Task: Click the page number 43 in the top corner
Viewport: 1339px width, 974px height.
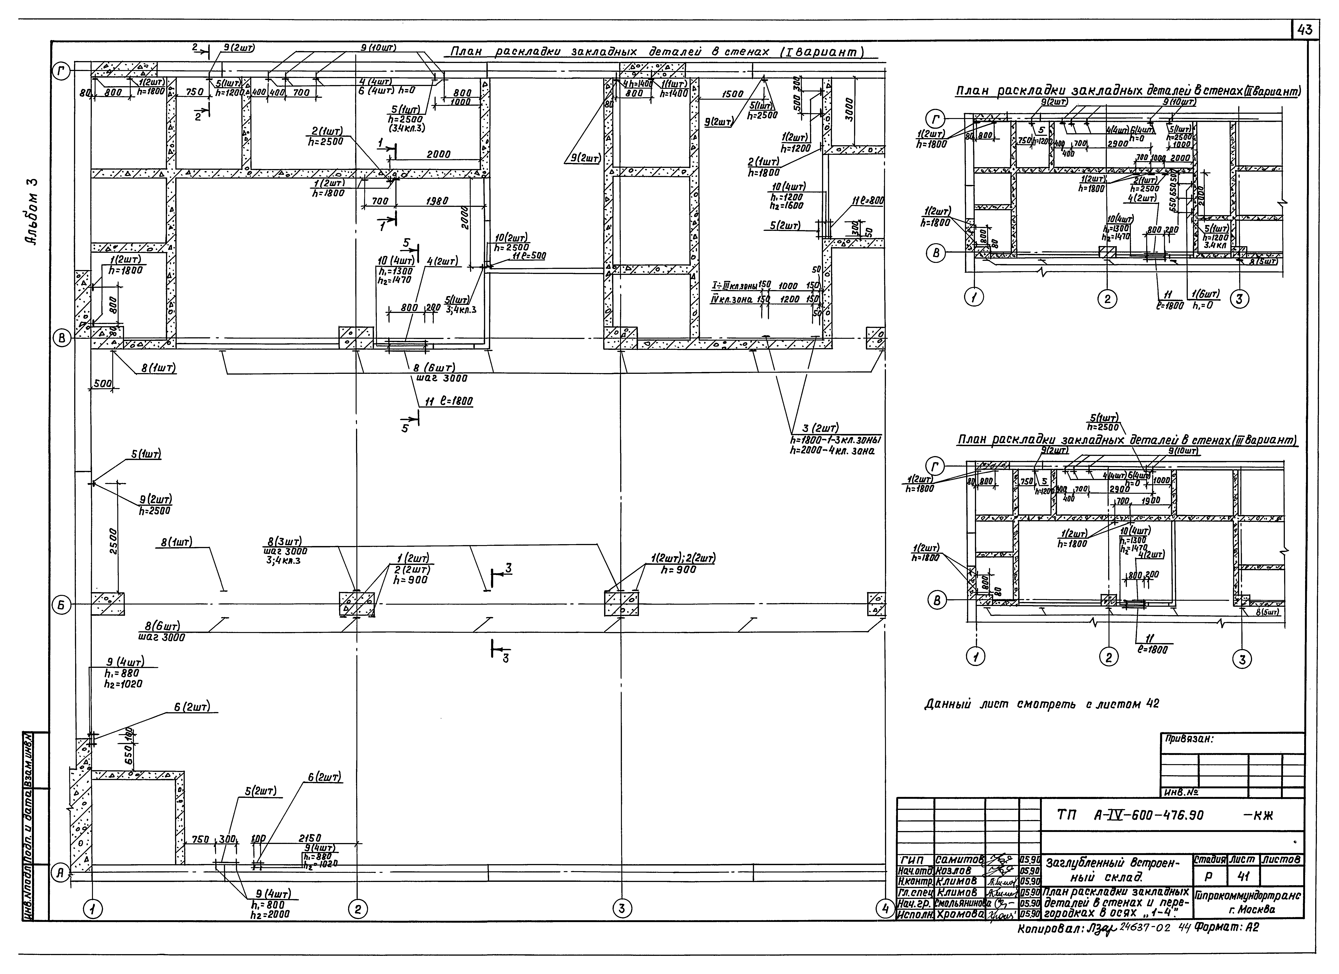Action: click(x=1305, y=30)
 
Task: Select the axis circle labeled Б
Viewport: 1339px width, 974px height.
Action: click(x=62, y=605)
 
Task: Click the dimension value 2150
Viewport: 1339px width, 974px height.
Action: click(x=310, y=838)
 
